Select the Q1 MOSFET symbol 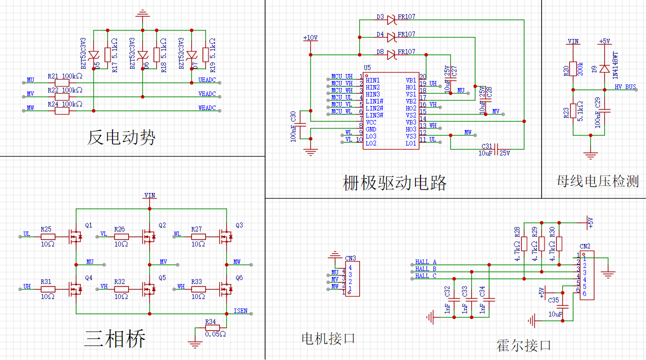(75, 235)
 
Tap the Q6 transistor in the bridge (226, 288)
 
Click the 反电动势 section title (121, 137)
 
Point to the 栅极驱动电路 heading (394, 183)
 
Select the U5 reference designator (367, 67)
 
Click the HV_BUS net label (625, 87)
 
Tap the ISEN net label (240, 311)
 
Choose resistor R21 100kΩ (61, 82)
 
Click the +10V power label (310, 38)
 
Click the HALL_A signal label (425, 262)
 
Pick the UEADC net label (206, 80)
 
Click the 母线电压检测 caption (597, 181)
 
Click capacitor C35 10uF (564, 306)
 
